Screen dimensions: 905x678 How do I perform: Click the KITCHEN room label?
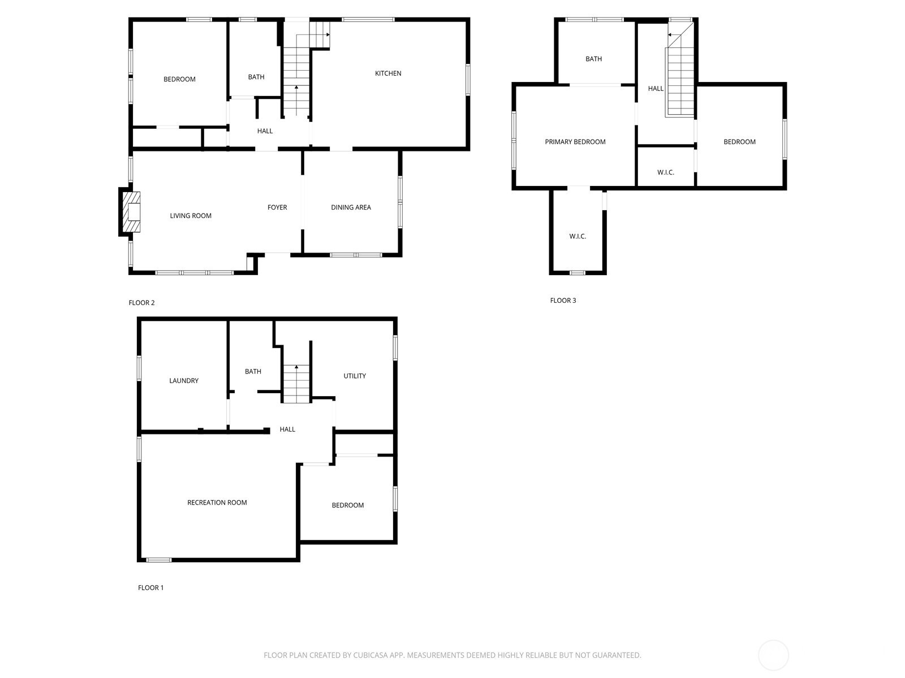(x=387, y=73)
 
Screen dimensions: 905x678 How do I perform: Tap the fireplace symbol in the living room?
(x=132, y=212)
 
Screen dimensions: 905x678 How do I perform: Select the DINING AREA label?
(x=351, y=207)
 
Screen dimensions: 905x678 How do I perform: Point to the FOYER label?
(x=277, y=207)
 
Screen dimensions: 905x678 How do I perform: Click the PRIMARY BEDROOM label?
(x=575, y=142)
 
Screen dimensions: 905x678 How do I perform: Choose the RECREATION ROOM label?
(x=217, y=503)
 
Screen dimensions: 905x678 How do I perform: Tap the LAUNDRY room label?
(x=183, y=381)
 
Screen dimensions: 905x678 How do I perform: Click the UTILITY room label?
(x=355, y=376)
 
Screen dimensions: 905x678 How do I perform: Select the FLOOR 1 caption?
(x=150, y=588)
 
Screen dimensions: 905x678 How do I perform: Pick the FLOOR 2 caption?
(x=141, y=303)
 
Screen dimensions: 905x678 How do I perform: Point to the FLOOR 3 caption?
(x=563, y=301)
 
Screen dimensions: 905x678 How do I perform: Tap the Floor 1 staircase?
(x=296, y=384)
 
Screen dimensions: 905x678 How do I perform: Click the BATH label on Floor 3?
(x=593, y=59)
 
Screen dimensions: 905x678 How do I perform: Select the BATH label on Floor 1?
(x=253, y=372)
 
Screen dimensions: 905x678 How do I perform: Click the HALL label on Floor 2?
(x=265, y=131)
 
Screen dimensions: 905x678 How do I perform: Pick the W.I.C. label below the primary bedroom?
(x=578, y=236)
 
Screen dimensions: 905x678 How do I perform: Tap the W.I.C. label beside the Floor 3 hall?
(x=665, y=172)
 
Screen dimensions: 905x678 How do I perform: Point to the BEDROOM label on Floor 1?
(x=347, y=506)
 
